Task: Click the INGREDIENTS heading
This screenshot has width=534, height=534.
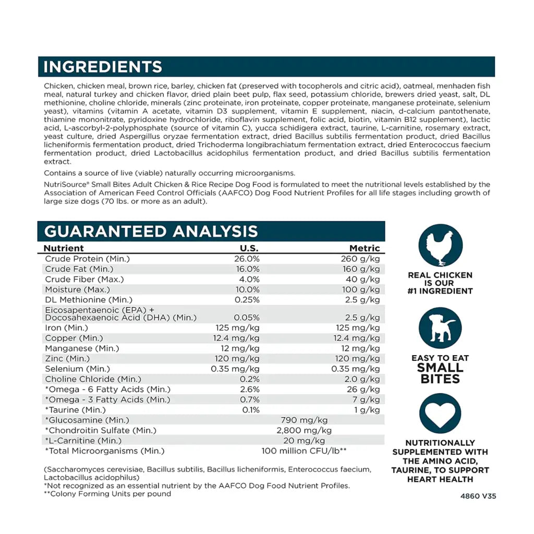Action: [103, 67]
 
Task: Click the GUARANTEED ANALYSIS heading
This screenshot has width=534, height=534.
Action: [151, 232]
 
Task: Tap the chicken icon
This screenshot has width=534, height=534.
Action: [440, 246]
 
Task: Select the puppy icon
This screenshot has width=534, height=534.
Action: [440, 329]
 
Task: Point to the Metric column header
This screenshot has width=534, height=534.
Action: [365, 248]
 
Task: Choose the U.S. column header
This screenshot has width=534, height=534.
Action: [249, 248]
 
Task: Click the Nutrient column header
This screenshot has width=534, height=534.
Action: [64, 248]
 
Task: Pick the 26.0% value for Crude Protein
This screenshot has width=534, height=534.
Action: [247, 259]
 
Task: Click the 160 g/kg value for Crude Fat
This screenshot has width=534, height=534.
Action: [361, 269]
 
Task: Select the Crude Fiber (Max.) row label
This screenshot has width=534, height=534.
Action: [84, 280]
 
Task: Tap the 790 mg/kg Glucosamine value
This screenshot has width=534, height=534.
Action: [304, 420]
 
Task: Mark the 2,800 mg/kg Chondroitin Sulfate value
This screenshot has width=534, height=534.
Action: [304, 431]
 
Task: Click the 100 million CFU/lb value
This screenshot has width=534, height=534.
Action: [304, 451]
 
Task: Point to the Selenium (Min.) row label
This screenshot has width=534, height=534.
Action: [78, 369]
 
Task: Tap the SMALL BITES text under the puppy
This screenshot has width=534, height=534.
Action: [440, 373]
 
